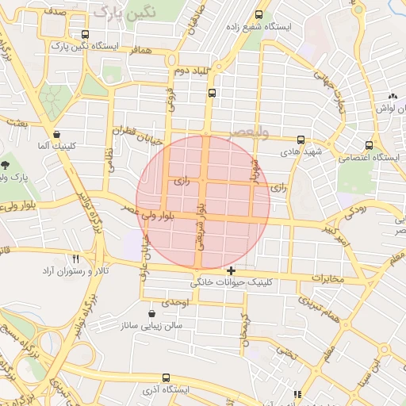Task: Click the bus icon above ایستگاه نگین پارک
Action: click(x=85, y=34)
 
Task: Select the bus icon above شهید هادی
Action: click(x=300, y=139)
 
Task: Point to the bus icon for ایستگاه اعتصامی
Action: click(x=368, y=145)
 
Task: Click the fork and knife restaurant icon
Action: click(x=76, y=259)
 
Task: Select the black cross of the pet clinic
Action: click(x=231, y=270)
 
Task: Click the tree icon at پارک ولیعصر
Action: click(x=6, y=165)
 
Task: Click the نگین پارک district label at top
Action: click(x=121, y=11)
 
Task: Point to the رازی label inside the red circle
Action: click(x=182, y=182)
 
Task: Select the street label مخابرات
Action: click(x=331, y=280)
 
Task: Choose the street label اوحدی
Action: click(x=174, y=303)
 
